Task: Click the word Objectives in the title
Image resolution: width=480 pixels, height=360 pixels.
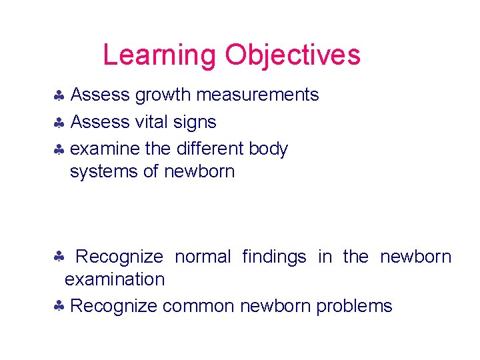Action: click(293, 55)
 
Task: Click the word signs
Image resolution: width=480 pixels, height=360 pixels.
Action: click(195, 123)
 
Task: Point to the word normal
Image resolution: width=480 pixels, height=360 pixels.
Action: click(203, 257)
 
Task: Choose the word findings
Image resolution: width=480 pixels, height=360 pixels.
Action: click(274, 257)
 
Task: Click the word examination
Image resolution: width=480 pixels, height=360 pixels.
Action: click(115, 279)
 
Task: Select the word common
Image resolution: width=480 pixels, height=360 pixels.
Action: click(198, 306)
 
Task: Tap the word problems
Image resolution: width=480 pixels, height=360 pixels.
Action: click(354, 306)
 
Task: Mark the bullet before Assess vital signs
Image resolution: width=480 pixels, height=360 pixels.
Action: click(59, 123)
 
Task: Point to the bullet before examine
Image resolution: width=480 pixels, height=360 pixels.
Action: click(59, 149)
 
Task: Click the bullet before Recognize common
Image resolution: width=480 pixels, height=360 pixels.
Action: click(59, 307)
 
